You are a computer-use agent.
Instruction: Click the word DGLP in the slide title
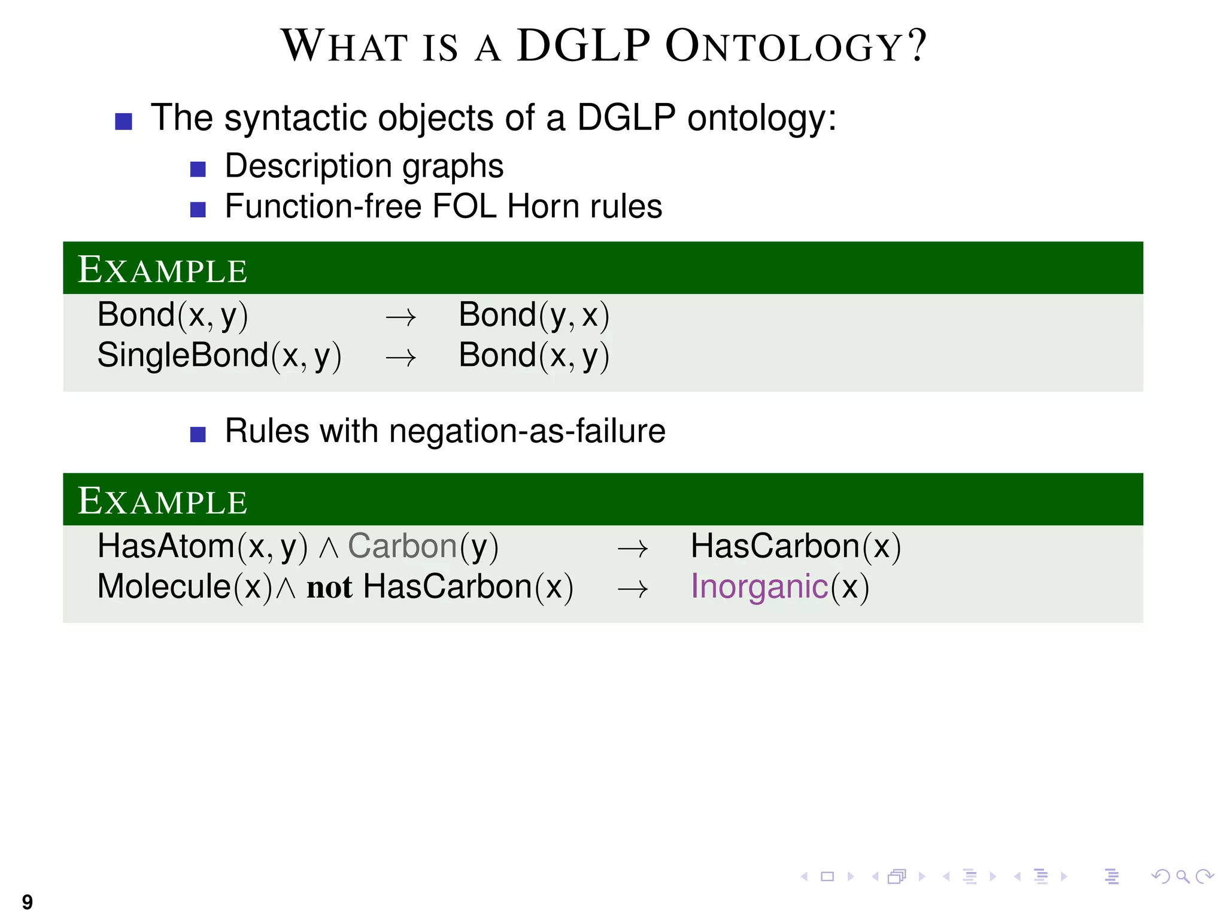pyautogui.click(x=583, y=46)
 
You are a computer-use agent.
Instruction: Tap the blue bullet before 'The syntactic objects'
pyautogui.click(x=123, y=122)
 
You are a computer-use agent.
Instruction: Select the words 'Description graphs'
pyautogui.click(x=364, y=166)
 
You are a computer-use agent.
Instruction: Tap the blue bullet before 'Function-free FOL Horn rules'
pyautogui.click(x=198, y=210)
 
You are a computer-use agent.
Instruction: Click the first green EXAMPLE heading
pyautogui.click(x=162, y=270)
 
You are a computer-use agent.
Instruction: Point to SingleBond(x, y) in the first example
pyautogui.click(x=219, y=356)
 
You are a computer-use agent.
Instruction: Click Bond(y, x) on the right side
pyautogui.click(x=533, y=316)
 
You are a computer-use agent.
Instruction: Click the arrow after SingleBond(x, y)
pyautogui.click(x=400, y=358)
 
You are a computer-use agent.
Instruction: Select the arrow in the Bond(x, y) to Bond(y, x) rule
pyautogui.click(x=400, y=317)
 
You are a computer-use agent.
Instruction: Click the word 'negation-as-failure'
pyautogui.click(x=527, y=431)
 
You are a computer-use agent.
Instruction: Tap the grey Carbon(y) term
pyautogui.click(x=423, y=547)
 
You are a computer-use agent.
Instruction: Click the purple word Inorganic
pyautogui.click(x=759, y=586)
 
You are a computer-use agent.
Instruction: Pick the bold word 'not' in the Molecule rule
pyautogui.click(x=329, y=588)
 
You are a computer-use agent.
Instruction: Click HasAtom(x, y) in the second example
pyautogui.click(x=202, y=547)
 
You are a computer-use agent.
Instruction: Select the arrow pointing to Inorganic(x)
pyautogui.click(x=632, y=589)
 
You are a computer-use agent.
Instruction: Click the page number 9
pyautogui.click(x=28, y=901)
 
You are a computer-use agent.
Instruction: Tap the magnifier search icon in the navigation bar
pyautogui.click(x=1182, y=877)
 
